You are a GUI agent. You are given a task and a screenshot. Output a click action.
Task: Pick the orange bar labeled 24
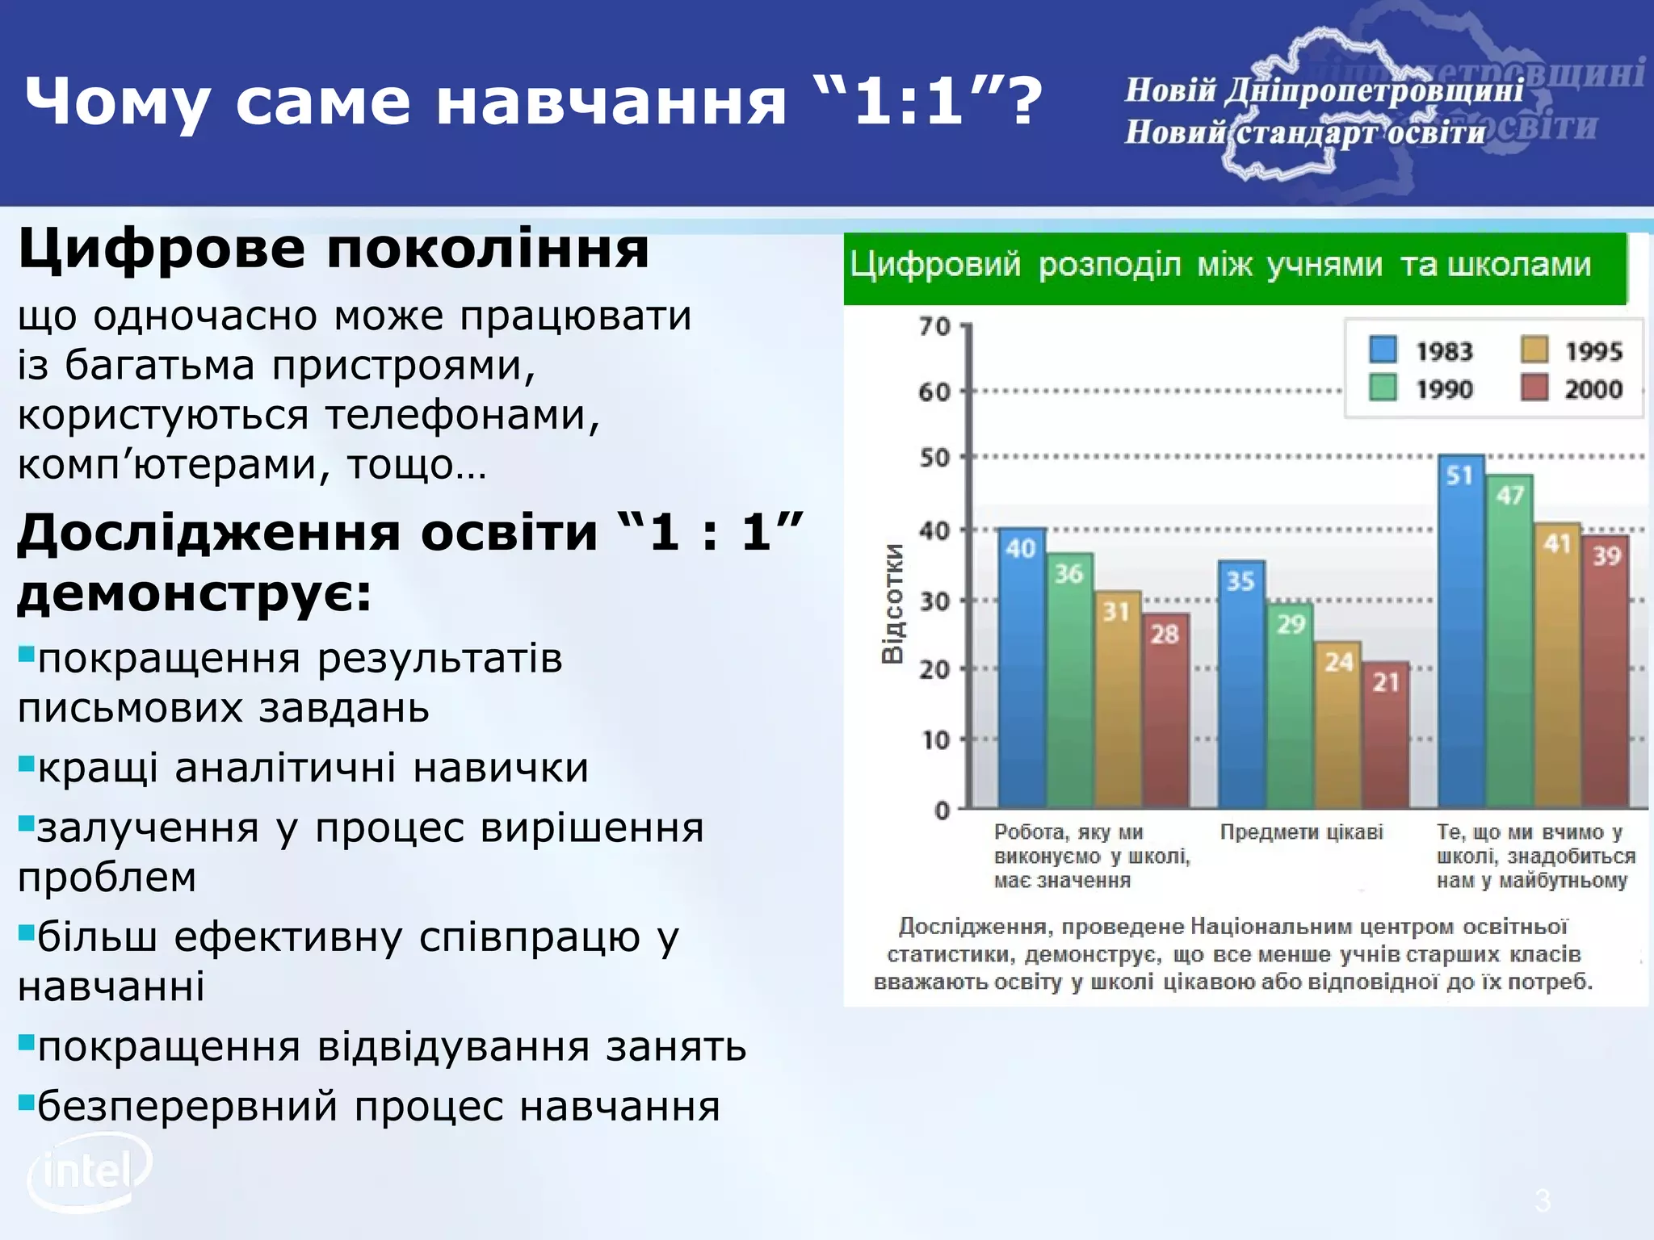coord(1338,727)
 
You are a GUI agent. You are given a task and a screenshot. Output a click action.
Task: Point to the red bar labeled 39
coord(1606,674)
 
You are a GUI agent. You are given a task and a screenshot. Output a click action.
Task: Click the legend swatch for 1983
coord(1383,350)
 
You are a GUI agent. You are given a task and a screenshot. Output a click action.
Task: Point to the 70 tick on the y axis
coord(934,326)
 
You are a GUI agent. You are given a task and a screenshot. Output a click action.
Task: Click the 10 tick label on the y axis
coord(935,739)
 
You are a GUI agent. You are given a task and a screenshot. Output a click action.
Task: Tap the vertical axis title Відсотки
coord(892,603)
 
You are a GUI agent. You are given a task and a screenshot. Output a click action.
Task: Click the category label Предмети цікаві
coord(1301,832)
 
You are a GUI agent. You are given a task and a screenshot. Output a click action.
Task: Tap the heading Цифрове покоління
coord(334,249)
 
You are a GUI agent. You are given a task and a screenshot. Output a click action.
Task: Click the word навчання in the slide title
coord(611,101)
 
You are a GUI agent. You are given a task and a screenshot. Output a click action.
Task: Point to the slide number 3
coord(1543,1200)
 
